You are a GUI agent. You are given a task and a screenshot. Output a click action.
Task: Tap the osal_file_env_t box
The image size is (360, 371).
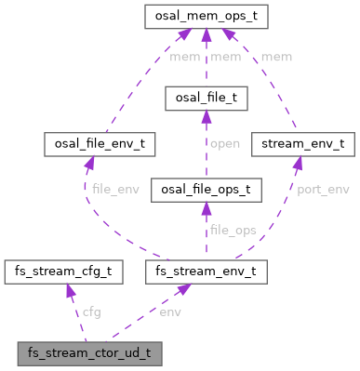point(100,144)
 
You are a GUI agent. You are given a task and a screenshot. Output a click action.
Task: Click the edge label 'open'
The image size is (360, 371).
point(225,143)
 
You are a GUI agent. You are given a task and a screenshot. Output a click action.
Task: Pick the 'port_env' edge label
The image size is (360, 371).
point(322,190)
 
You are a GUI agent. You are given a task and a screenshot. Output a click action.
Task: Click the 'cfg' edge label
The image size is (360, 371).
point(93,311)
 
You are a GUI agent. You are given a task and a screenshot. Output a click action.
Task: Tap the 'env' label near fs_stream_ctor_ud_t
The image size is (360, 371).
point(170,311)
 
